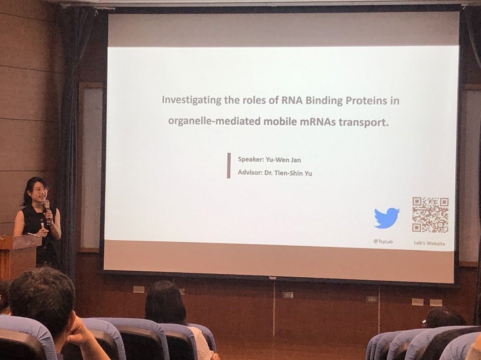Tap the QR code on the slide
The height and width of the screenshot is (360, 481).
tap(430, 214)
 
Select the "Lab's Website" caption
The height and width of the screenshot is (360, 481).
tap(430, 243)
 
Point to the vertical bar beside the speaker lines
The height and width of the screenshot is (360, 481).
tap(228, 165)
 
